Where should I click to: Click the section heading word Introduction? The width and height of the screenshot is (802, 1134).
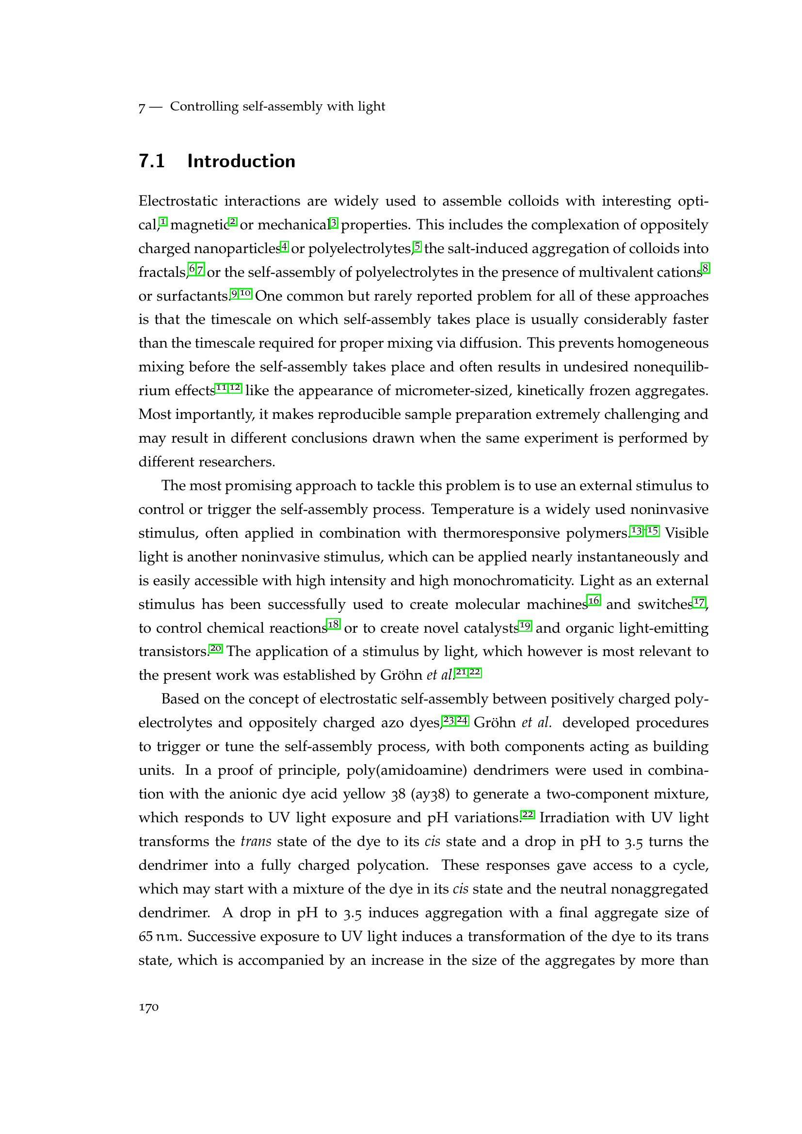[241, 161]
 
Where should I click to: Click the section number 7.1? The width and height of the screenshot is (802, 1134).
[152, 161]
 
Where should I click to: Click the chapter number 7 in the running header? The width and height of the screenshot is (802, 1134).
[142, 107]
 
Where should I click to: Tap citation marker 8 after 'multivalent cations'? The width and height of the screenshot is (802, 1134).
[706, 269]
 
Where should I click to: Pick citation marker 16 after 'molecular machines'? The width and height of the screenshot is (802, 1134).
[593, 601]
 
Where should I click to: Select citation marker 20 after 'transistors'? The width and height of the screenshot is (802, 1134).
[216, 649]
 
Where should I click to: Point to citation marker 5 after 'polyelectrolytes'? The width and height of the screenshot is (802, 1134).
[418, 246]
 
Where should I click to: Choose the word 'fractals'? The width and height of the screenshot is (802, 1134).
[162, 272]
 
